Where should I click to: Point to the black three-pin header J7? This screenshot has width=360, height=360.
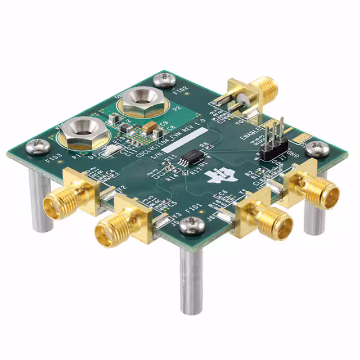click(x=274, y=145)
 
